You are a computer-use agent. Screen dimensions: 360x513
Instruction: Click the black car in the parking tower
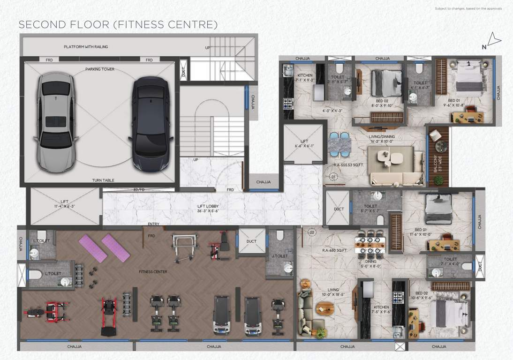coord(150,123)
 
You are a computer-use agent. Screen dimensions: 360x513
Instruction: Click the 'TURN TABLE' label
coord(103,180)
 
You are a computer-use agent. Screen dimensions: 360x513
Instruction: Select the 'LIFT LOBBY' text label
coord(208,206)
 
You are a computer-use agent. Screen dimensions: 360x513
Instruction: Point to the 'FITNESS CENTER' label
coord(153,272)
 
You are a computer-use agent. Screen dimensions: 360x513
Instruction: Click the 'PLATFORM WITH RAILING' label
coord(86,47)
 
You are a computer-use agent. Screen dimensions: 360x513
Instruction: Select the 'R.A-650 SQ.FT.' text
coord(334,251)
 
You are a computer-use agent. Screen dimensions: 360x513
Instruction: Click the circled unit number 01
coord(333,177)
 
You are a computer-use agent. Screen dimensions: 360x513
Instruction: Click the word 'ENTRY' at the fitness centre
coord(153,224)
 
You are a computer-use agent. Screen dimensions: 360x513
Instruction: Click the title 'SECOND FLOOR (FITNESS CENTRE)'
coord(118,24)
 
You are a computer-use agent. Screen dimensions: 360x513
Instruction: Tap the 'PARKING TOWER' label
coord(99,69)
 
